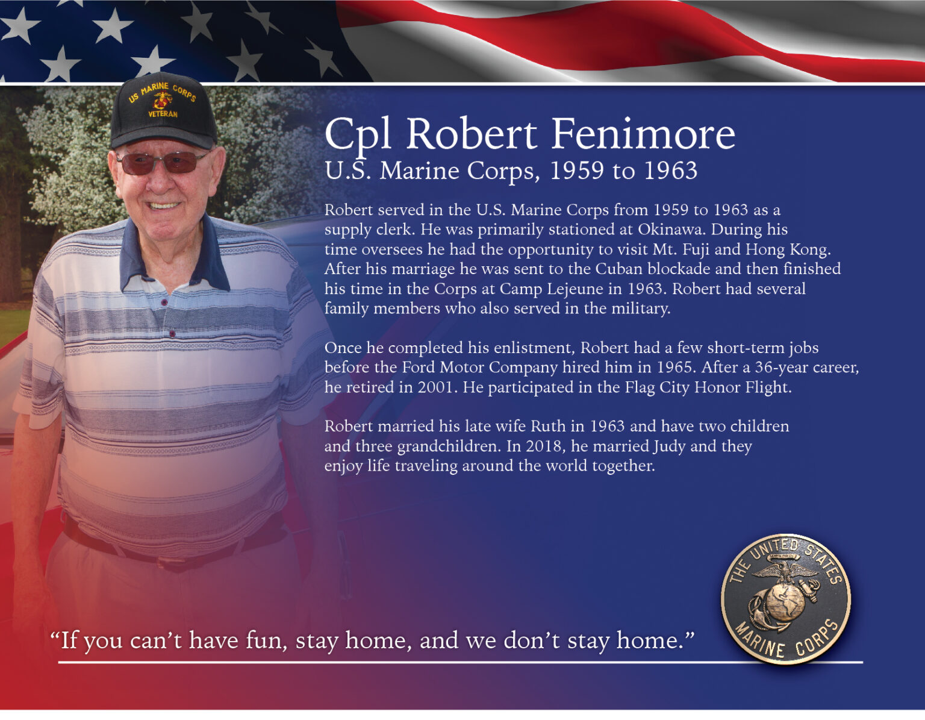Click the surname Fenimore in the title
643,134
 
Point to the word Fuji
696,249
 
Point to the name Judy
669,446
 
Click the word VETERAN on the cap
163,114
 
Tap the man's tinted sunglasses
161,163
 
